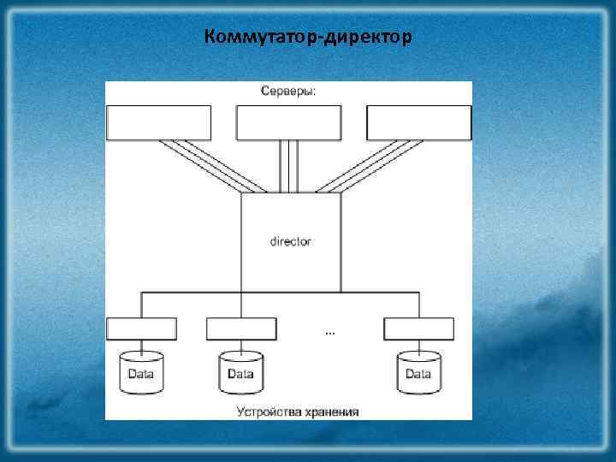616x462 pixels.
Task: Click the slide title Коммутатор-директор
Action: click(x=308, y=38)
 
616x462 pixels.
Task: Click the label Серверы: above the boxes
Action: click(x=288, y=92)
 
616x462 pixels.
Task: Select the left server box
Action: click(x=158, y=122)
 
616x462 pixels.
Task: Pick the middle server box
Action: click(x=289, y=122)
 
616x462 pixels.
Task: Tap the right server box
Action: click(x=419, y=122)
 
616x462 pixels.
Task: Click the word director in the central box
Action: click(x=291, y=241)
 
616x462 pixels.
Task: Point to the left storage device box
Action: click(x=142, y=329)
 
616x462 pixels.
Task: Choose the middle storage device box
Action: click(x=241, y=329)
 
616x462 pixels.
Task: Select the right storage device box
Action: click(x=418, y=329)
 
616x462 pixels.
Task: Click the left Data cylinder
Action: click(x=142, y=373)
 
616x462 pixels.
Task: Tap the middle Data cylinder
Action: click(x=241, y=373)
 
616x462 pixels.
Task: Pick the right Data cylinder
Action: click(x=418, y=373)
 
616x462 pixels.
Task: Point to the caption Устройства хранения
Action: click(x=298, y=412)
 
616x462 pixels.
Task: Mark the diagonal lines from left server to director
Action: click(x=210, y=166)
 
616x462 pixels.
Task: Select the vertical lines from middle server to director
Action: click(x=289, y=166)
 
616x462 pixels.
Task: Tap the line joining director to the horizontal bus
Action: click(x=291, y=284)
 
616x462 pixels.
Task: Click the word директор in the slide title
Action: click(x=364, y=38)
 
